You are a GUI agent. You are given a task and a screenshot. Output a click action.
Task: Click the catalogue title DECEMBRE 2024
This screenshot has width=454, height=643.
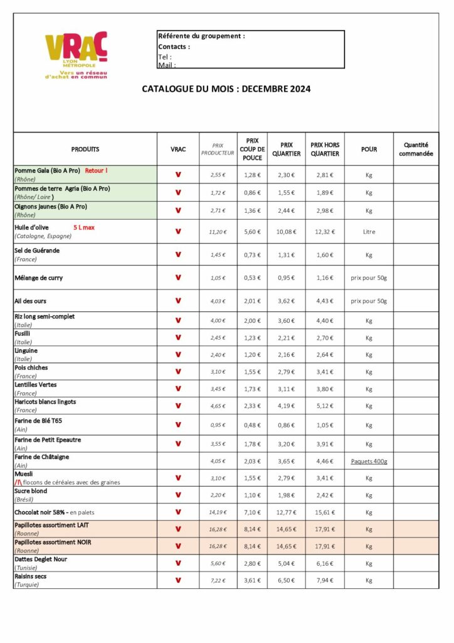[x=226, y=89]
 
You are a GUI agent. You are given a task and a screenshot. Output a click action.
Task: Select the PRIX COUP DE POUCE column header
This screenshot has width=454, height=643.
[x=252, y=149]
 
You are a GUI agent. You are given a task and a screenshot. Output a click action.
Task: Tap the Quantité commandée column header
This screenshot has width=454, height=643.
[x=416, y=149]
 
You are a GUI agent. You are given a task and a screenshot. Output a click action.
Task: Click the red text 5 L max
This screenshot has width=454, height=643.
[x=84, y=227]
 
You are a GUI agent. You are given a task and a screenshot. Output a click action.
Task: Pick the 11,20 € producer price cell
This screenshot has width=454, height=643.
[x=218, y=232]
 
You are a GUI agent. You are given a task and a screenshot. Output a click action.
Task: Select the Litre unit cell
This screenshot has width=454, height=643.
[x=369, y=232]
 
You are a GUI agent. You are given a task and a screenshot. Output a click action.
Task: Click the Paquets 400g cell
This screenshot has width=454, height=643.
[x=369, y=462]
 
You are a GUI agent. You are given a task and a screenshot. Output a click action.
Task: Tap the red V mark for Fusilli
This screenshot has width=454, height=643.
[x=178, y=338]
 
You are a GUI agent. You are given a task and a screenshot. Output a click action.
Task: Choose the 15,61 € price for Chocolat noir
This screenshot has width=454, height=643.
[x=324, y=512]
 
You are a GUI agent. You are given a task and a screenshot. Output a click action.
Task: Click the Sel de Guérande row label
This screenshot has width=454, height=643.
[x=37, y=251]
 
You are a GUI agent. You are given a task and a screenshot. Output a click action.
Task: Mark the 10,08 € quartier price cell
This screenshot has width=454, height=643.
[x=287, y=232]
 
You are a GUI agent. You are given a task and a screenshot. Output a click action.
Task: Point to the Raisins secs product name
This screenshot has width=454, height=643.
[x=31, y=576]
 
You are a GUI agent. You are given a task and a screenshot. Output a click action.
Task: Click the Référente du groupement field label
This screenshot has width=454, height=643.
[x=201, y=36]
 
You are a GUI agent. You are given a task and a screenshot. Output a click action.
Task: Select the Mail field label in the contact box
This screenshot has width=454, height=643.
[x=166, y=65]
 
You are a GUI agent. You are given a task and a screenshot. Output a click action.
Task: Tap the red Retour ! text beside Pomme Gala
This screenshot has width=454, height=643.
[x=97, y=170]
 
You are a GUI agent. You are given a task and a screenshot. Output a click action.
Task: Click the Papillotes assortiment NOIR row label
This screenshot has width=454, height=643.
[x=53, y=542]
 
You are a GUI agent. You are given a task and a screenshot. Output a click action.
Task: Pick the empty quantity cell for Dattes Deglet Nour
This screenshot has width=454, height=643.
[x=416, y=563]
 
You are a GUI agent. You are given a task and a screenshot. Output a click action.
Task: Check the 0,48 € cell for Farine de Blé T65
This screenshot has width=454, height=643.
[x=252, y=425]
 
